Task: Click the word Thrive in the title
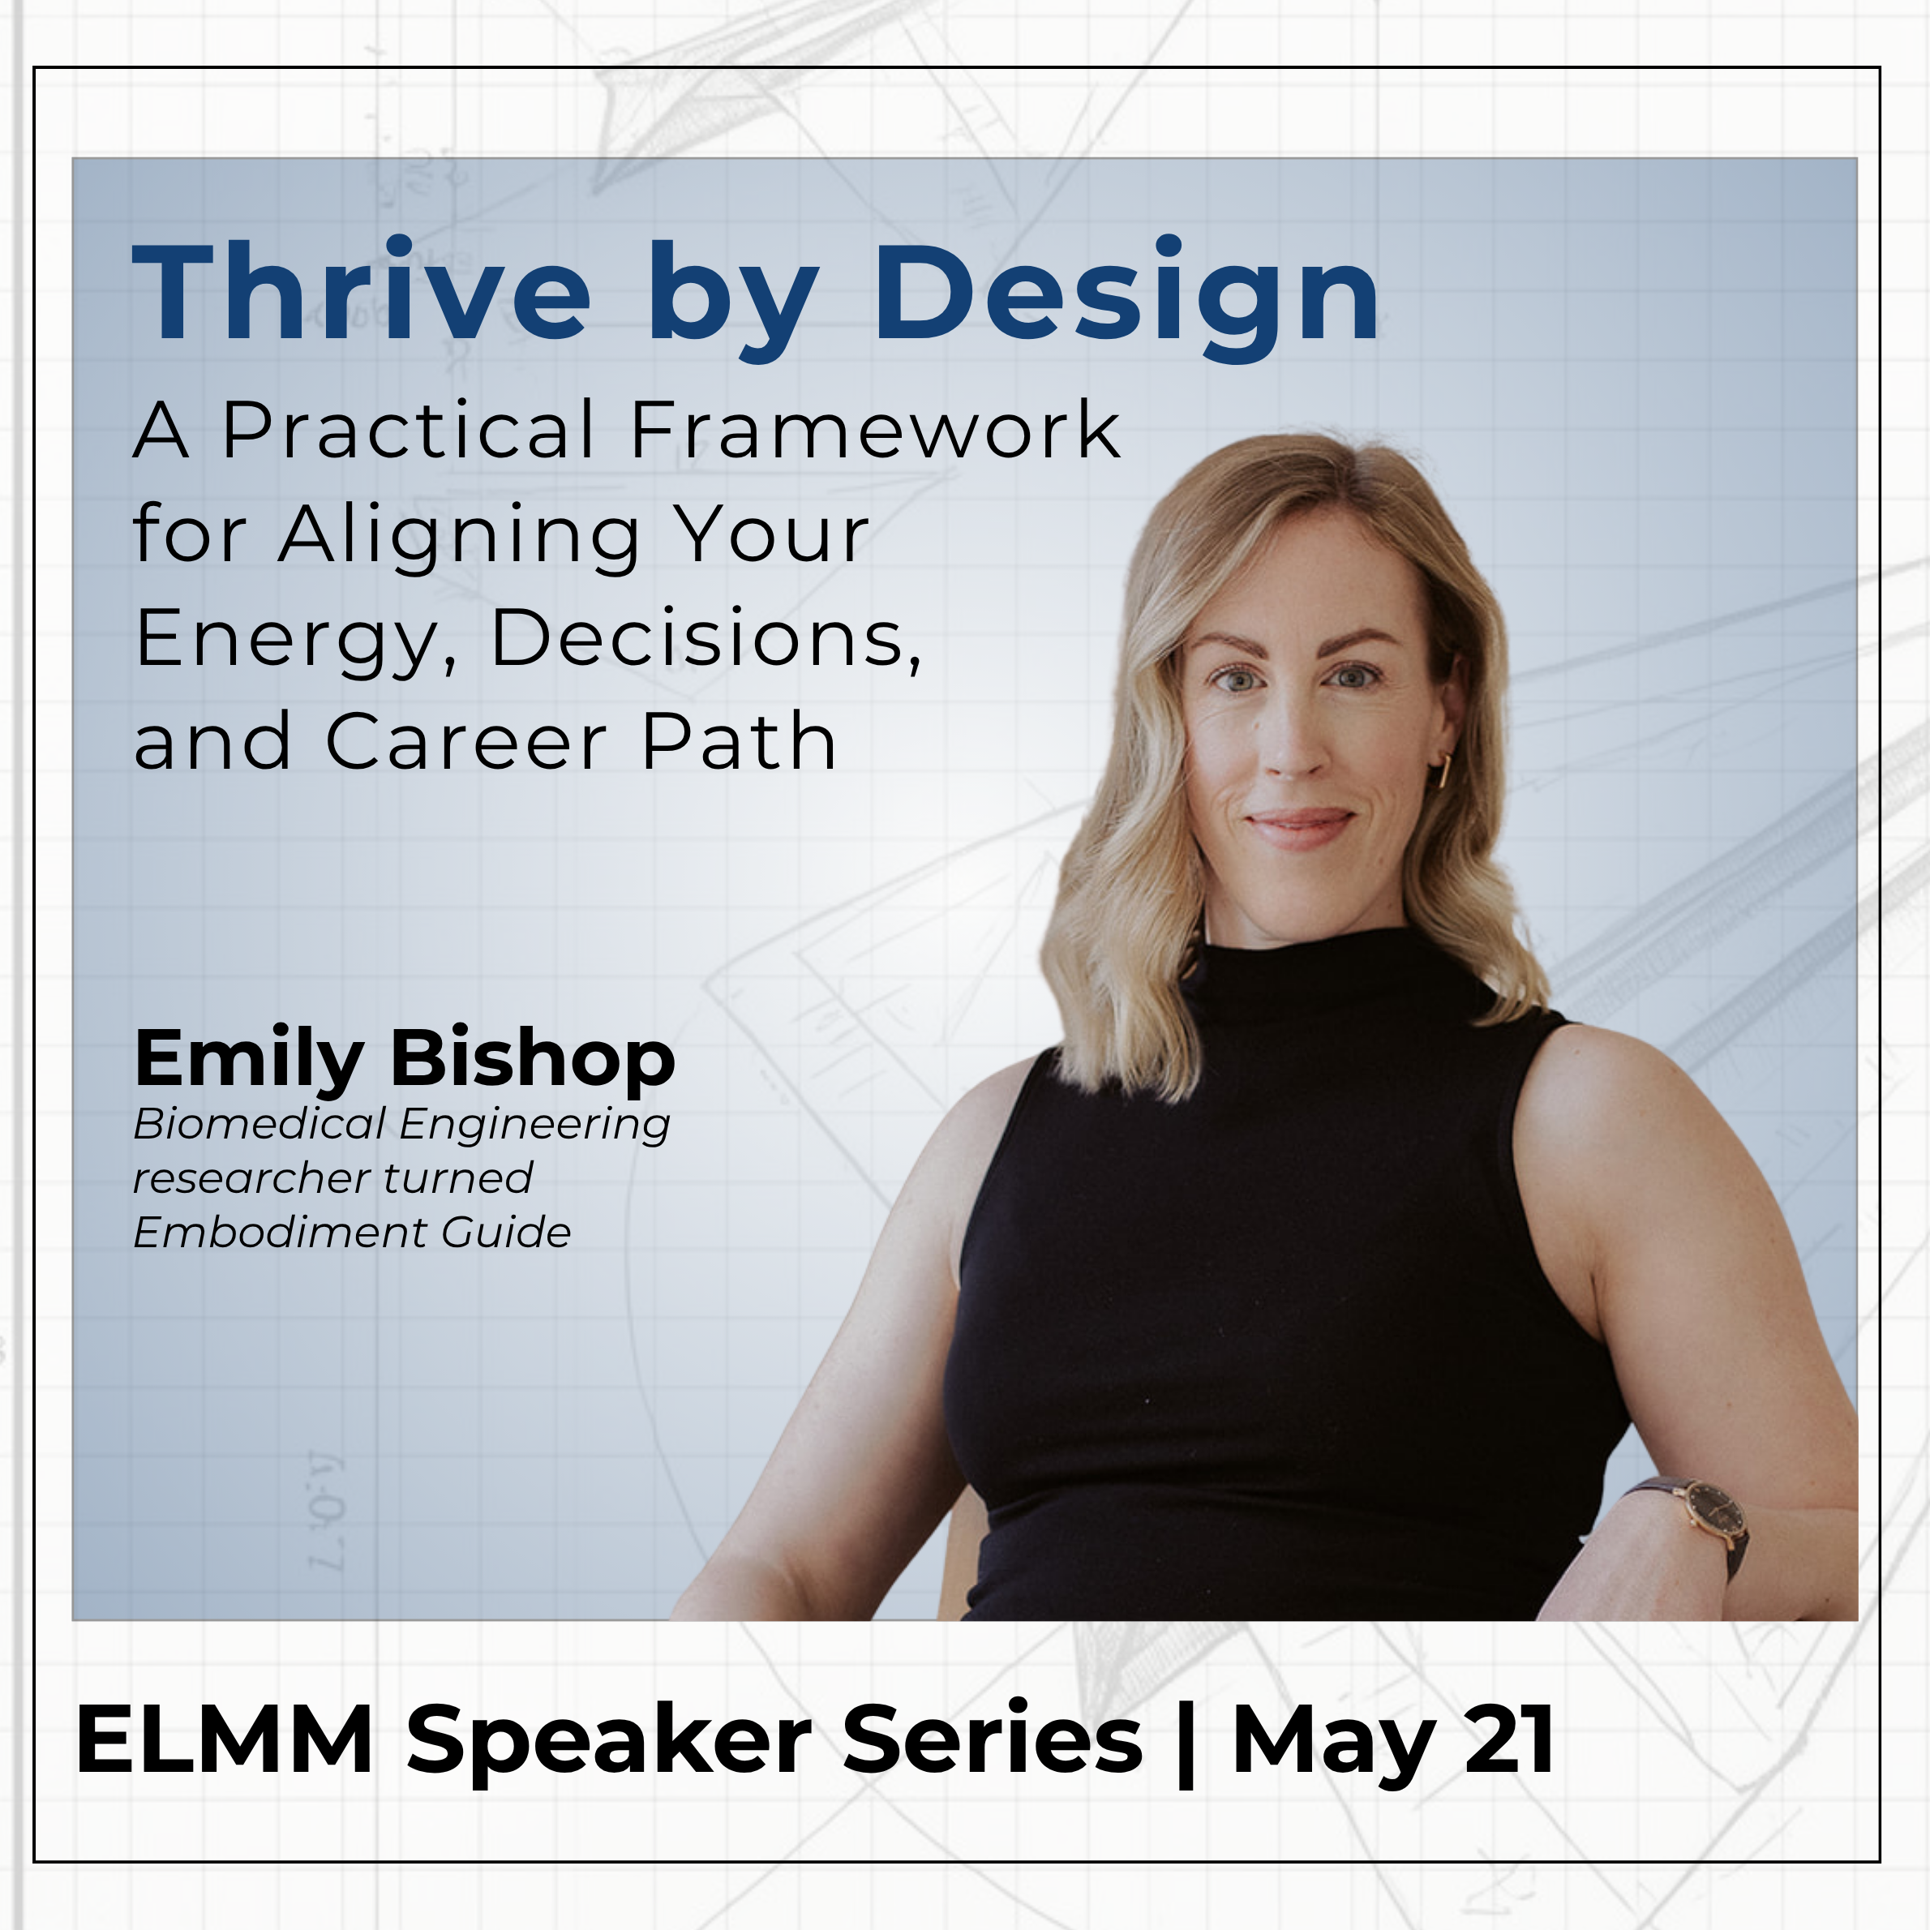(x=362, y=293)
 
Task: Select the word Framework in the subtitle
(x=875, y=431)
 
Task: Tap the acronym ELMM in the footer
(x=225, y=1739)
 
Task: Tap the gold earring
(x=1444, y=770)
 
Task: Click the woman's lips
(x=1300, y=826)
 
